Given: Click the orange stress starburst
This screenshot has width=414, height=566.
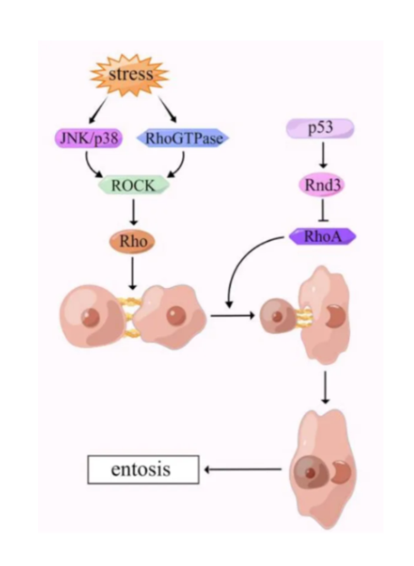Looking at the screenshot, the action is (x=130, y=75).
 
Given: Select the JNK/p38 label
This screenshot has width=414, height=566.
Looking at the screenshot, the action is (x=89, y=139).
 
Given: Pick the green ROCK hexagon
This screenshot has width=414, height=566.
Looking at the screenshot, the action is (x=133, y=186).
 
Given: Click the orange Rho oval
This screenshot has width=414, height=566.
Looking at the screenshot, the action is (x=133, y=241).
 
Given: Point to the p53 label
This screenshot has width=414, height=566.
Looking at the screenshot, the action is (x=320, y=128).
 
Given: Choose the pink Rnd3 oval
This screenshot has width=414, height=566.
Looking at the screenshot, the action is (x=322, y=185).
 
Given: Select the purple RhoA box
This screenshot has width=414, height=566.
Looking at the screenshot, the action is (x=323, y=237).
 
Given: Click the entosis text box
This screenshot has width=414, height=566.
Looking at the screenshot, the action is (x=144, y=469).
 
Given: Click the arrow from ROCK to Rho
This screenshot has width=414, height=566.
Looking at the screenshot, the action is (x=133, y=212).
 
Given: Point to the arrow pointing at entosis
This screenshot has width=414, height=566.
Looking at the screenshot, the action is (x=243, y=470).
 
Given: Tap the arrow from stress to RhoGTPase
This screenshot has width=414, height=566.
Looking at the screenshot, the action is (x=167, y=109).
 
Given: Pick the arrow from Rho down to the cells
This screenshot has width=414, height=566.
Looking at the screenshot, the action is (x=133, y=273).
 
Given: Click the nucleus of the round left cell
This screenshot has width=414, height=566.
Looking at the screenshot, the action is (x=90, y=317).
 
